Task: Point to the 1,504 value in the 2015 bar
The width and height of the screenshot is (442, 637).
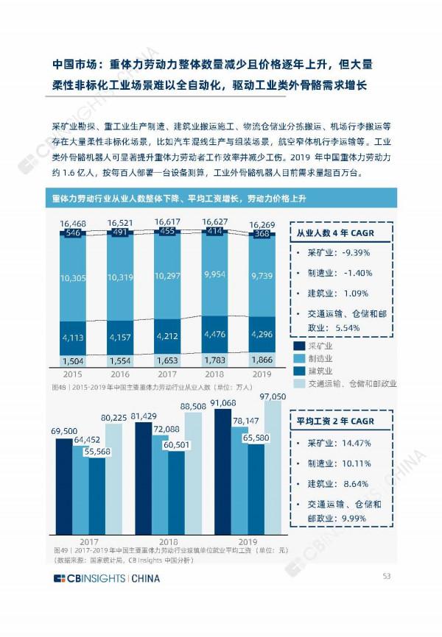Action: [x=72, y=362]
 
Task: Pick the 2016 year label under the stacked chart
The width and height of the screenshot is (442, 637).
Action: [x=119, y=374]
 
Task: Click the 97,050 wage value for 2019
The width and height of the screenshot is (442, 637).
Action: [x=273, y=396]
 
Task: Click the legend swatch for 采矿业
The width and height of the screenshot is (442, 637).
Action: [x=300, y=346]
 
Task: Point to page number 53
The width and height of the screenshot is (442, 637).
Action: [x=385, y=576]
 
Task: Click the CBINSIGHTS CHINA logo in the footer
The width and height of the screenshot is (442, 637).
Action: [x=106, y=578]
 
